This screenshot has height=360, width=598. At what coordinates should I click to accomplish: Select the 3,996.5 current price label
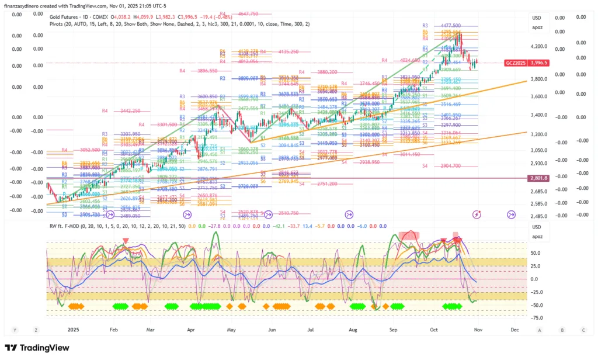click(541, 63)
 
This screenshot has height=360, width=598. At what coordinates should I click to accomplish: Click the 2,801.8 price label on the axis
click(538, 178)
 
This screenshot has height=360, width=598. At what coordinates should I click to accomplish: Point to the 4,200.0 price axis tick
click(539, 46)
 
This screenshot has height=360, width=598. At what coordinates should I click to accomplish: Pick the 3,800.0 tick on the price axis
click(539, 79)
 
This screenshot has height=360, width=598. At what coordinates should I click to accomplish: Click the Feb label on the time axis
click(113, 330)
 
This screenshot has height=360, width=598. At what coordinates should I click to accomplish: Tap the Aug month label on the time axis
click(353, 330)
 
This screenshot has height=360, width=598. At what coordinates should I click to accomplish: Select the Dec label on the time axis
click(514, 330)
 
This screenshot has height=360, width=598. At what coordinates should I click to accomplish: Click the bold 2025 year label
click(73, 330)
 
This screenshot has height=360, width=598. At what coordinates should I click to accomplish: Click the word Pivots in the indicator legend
click(57, 24)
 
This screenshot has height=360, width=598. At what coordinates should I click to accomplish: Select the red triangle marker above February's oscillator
click(126, 241)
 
